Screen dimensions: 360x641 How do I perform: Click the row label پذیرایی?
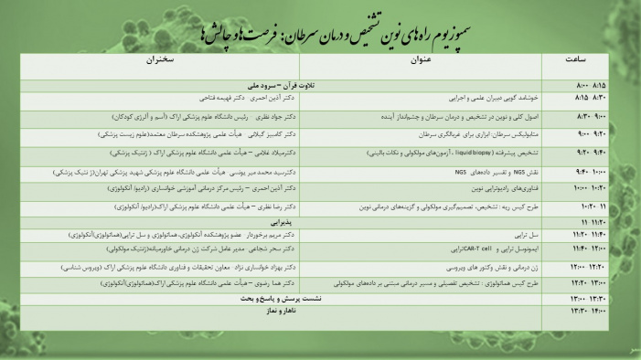[278, 222]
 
